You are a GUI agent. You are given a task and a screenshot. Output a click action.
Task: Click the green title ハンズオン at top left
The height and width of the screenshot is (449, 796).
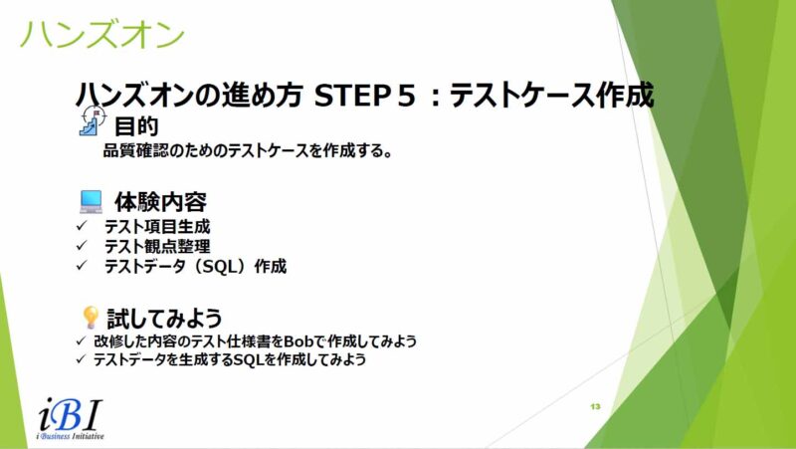tap(102, 34)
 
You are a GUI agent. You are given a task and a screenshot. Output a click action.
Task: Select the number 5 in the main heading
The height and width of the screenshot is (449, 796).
tap(407, 96)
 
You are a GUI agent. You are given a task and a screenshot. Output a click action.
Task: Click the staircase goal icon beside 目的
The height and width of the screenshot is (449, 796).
tap(93, 120)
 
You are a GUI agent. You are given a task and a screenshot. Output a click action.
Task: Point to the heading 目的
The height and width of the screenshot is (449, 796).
tap(136, 126)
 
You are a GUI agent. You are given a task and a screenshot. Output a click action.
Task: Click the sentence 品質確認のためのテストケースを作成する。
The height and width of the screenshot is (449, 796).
tap(248, 151)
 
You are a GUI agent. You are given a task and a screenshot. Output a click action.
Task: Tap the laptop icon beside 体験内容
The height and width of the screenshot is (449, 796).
tap(91, 202)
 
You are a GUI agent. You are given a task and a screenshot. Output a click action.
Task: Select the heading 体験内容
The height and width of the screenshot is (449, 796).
tap(160, 202)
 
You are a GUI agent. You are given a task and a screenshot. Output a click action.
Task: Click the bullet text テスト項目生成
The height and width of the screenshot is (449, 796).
tap(157, 227)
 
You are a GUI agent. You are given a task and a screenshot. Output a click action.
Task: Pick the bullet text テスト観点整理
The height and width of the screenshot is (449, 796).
tap(157, 246)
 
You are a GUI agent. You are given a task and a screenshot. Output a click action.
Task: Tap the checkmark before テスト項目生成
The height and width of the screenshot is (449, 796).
tap(82, 226)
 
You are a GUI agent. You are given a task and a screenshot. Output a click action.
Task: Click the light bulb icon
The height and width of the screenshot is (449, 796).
tap(91, 318)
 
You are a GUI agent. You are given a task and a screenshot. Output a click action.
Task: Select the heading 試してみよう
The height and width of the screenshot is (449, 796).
tap(164, 319)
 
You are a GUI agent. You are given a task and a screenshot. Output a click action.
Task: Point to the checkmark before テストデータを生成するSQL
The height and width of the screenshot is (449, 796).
tap(81, 359)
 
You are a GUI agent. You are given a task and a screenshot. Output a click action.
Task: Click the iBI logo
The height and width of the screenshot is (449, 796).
tap(71, 413)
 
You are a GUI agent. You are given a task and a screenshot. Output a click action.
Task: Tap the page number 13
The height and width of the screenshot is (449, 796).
tap(595, 406)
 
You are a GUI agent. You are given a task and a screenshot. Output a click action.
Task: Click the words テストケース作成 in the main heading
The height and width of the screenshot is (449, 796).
tap(552, 96)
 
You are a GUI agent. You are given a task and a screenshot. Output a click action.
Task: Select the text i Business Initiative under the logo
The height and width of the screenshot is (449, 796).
tap(70, 436)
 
